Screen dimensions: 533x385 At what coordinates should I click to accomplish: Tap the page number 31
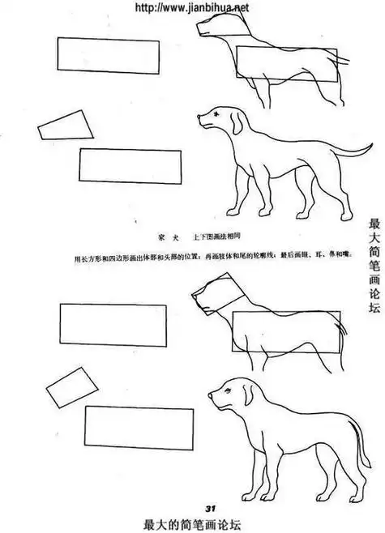(x=209, y=507)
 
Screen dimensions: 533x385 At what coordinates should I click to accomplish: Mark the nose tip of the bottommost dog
(x=210, y=397)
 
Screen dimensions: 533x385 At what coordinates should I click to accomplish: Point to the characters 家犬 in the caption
(x=168, y=236)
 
